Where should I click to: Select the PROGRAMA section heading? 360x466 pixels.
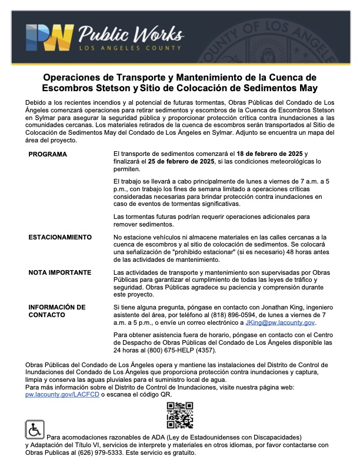(x=48, y=154)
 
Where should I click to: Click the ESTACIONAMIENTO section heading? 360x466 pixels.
(x=60, y=237)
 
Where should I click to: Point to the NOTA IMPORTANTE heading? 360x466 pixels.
(x=59, y=273)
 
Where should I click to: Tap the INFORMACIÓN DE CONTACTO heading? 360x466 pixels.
(x=57, y=311)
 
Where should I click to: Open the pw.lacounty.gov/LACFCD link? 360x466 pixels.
(x=62, y=395)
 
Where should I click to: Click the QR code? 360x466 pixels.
(x=180, y=415)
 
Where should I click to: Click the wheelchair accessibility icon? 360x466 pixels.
(x=35, y=430)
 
